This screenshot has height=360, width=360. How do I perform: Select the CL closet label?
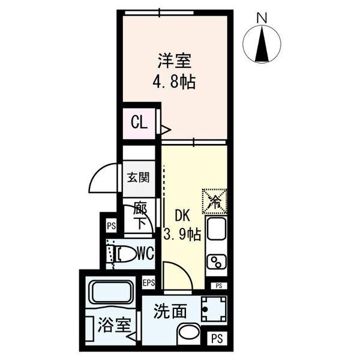point(139,124)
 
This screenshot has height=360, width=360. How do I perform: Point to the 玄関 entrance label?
point(137,178)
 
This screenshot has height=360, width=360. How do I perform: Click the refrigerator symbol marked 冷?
point(215,202)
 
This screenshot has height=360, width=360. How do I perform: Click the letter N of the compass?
point(262,19)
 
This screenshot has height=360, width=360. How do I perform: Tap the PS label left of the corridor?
point(111,226)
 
